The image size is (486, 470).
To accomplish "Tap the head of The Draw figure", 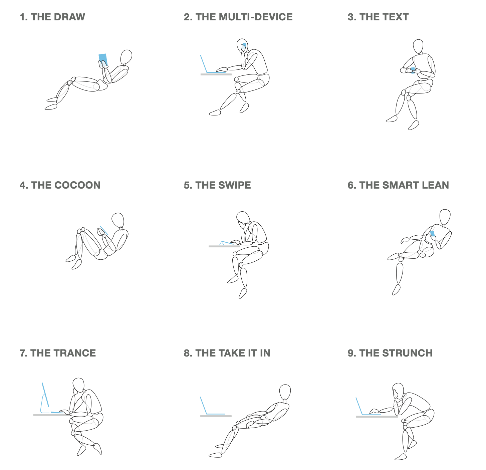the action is click(126, 57).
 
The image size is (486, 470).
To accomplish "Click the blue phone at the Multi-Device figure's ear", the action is click(244, 45).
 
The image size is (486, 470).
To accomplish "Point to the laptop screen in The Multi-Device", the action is click(204, 64).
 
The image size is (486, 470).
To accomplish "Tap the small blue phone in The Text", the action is click(413, 70).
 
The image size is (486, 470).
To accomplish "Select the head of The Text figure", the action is click(418, 46).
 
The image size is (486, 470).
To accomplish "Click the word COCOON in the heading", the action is click(77, 185).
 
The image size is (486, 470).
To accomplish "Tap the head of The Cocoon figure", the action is click(118, 220).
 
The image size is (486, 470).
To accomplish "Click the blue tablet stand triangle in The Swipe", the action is click(222, 243).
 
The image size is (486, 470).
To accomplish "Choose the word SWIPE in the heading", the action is click(235, 185).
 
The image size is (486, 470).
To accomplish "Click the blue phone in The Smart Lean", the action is click(432, 234).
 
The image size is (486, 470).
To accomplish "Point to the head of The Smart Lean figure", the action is click(445, 217).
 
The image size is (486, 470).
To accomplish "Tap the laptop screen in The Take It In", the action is click(204, 405).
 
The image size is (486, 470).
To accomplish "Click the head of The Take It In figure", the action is click(285, 392).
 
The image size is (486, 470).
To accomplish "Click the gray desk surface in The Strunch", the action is click(377, 417).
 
